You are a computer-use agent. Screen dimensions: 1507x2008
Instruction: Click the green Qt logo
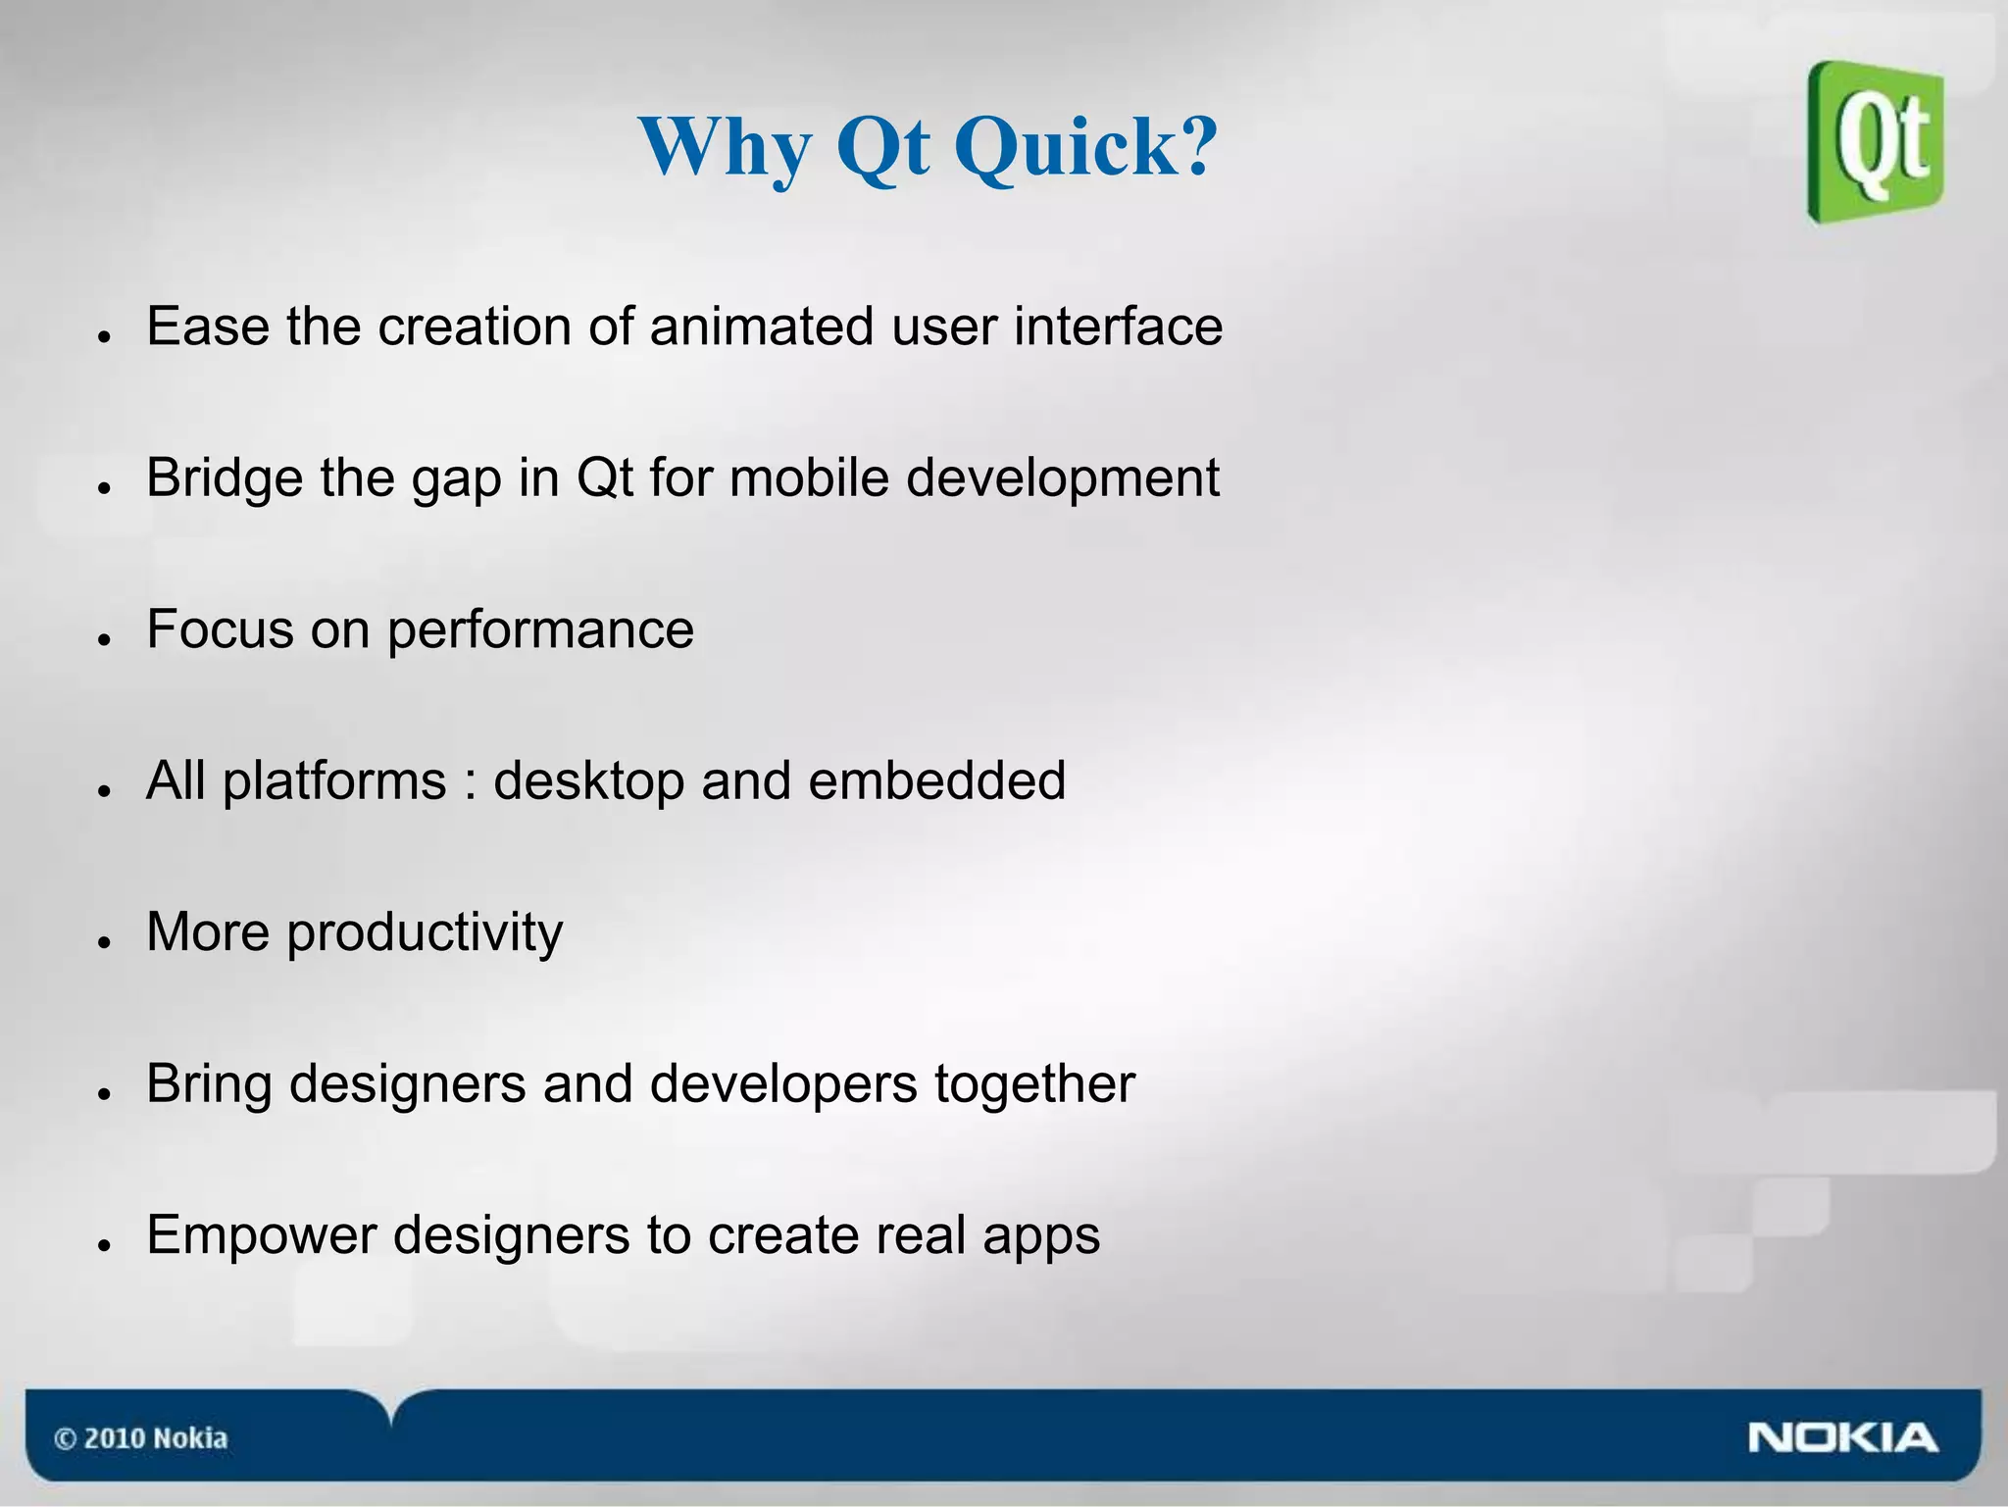pos(1876,142)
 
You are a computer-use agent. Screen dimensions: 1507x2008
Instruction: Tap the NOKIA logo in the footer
pos(1841,1438)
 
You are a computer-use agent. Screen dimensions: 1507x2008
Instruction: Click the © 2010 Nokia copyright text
pos(140,1438)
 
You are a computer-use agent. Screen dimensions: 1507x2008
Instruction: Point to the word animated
pos(761,327)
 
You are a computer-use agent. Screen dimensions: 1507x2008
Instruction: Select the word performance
pos(540,631)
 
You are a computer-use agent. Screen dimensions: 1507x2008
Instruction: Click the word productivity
pos(425,933)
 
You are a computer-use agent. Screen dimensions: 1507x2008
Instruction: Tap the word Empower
pos(261,1235)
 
